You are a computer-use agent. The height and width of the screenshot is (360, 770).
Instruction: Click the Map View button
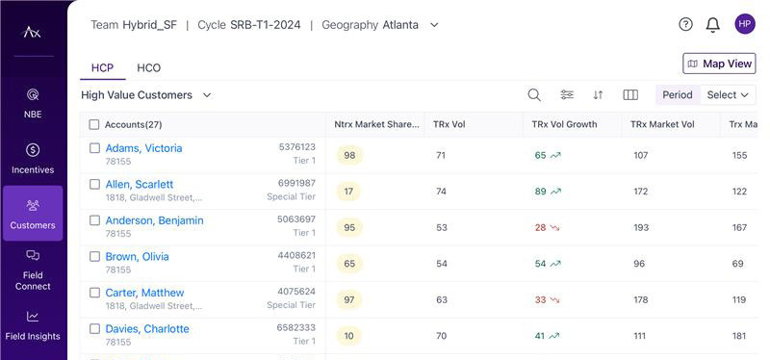point(719,64)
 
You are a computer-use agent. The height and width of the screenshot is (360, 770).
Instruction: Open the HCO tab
point(149,67)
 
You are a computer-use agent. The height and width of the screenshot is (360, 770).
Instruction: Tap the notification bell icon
point(712,25)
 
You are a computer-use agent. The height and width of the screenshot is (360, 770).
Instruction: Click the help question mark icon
point(685,24)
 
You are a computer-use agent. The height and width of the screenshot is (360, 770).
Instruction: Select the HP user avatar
point(745,24)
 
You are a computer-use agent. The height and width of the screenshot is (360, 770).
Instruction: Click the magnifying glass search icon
point(534,94)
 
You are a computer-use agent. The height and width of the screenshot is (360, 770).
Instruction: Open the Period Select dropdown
point(728,94)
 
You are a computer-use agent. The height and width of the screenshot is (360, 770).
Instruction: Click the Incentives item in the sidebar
point(33,159)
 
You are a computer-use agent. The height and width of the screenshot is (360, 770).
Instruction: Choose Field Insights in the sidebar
point(33,325)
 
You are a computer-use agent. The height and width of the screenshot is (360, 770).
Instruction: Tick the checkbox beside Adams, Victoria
point(94,148)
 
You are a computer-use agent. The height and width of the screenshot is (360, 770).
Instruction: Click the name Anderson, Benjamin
point(154,220)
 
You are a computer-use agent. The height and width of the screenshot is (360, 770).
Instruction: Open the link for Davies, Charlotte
point(147,328)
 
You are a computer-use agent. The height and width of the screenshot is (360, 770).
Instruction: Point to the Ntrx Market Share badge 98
point(349,156)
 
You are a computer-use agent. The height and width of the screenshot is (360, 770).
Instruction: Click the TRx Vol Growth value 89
point(540,192)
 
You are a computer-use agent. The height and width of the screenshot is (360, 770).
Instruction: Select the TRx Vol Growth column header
point(564,125)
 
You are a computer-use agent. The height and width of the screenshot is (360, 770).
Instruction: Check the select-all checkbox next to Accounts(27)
point(94,125)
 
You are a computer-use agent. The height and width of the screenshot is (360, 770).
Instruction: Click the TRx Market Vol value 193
point(641,227)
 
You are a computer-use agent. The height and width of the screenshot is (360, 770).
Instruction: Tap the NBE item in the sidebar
point(33,103)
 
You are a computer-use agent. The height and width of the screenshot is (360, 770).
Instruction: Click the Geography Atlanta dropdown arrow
point(434,25)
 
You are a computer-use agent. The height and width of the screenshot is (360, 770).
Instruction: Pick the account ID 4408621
point(296,255)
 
